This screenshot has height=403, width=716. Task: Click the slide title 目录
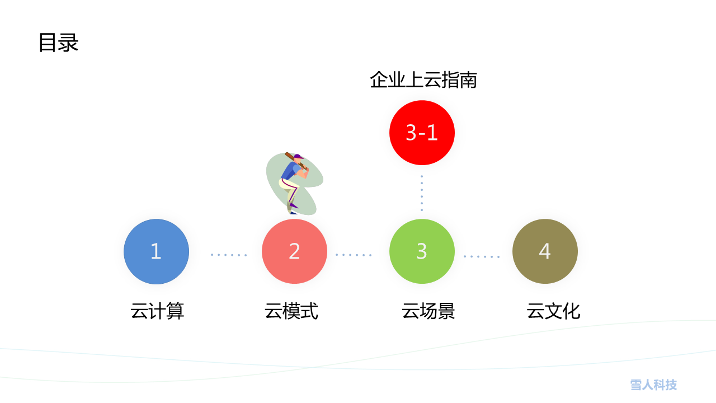(x=59, y=43)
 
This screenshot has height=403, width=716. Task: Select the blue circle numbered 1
(x=156, y=251)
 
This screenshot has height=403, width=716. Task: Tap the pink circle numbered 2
(x=294, y=251)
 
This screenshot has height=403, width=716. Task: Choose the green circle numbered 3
(x=422, y=251)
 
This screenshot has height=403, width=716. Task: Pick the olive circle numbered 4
(x=545, y=251)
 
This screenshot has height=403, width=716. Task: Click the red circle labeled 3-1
(x=422, y=133)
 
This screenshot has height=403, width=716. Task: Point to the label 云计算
(x=157, y=311)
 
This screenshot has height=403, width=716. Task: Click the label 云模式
(x=291, y=311)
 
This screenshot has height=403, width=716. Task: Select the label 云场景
(x=428, y=311)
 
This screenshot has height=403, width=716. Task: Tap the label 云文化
(x=553, y=311)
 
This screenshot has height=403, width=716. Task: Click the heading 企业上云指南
(x=423, y=80)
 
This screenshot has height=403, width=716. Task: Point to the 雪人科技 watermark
(x=653, y=385)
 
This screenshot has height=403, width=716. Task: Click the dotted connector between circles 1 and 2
(x=229, y=255)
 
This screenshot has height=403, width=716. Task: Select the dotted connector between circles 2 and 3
(x=354, y=255)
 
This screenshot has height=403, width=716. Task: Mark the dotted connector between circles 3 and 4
(x=482, y=256)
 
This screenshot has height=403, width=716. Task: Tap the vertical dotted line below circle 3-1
(x=422, y=193)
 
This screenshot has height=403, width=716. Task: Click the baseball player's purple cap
(x=298, y=157)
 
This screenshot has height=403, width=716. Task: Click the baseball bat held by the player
(x=296, y=161)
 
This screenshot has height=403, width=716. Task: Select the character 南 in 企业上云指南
(x=469, y=80)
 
